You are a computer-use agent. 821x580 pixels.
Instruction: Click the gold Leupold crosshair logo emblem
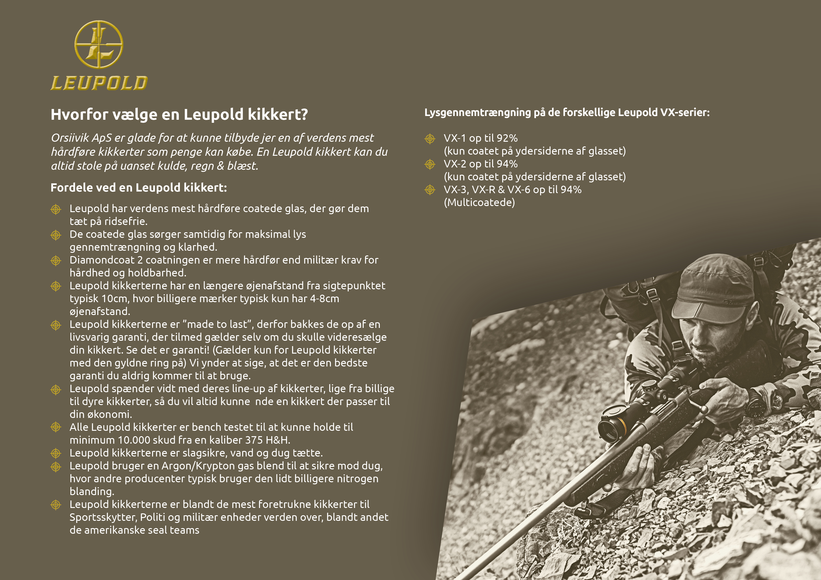click(x=99, y=44)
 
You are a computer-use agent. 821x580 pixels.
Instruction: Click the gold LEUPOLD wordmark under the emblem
click(x=99, y=83)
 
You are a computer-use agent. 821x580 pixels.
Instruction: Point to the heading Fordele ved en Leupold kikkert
click(x=139, y=188)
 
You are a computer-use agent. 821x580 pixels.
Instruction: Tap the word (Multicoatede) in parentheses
click(x=479, y=203)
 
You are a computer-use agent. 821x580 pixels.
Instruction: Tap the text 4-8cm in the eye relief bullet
click(x=324, y=299)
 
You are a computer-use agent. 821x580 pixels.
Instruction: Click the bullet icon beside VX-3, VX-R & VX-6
click(x=430, y=190)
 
